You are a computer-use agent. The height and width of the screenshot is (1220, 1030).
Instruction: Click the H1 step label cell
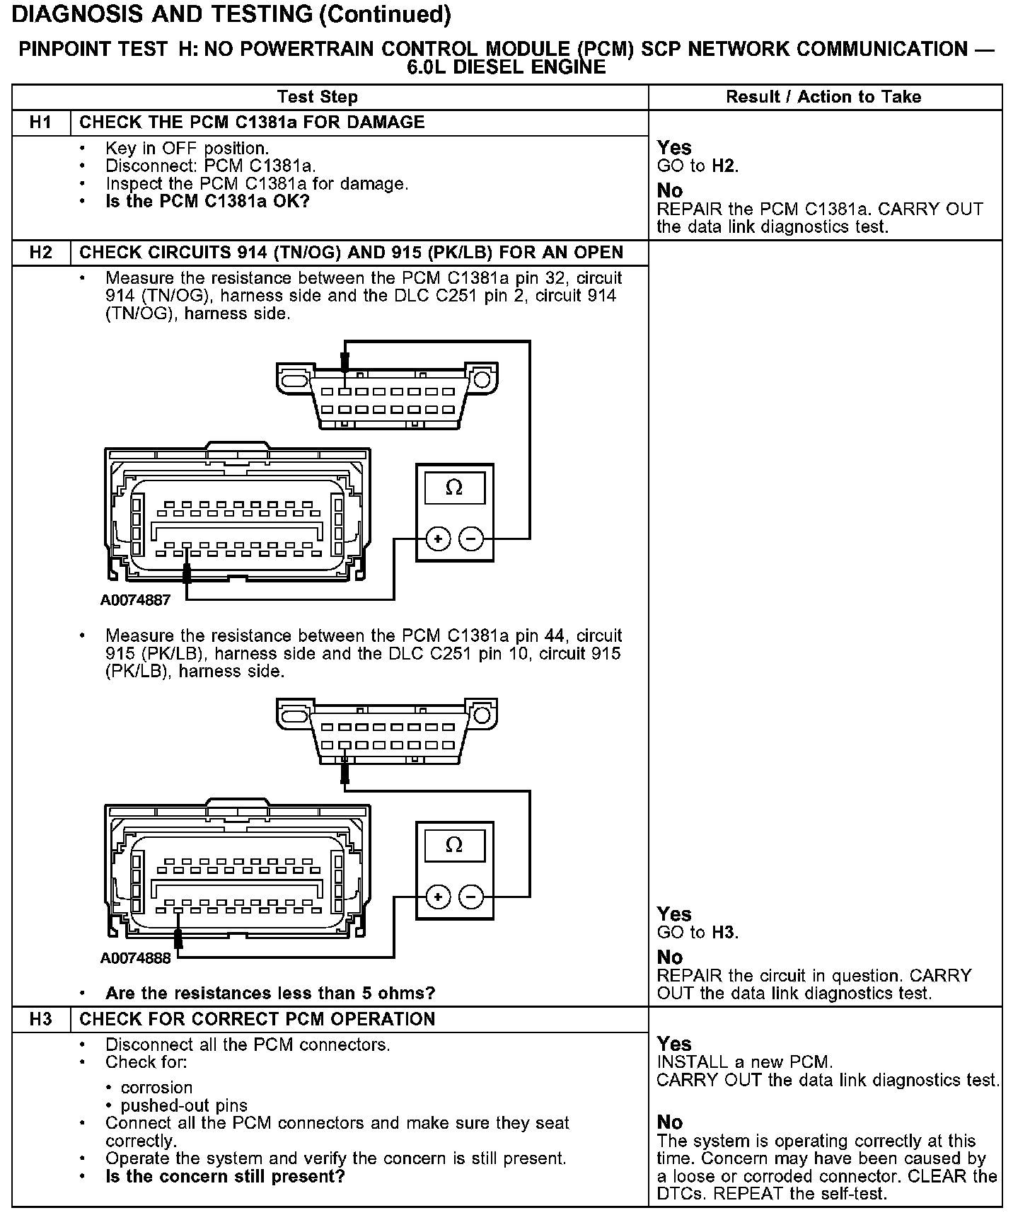point(41,122)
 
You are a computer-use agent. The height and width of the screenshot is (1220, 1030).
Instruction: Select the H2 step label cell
point(41,253)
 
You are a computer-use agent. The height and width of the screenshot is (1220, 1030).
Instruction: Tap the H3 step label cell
point(41,1019)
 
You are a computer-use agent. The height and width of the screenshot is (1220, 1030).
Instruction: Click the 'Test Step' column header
point(318,97)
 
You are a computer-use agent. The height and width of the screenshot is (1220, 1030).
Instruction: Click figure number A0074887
point(135,601)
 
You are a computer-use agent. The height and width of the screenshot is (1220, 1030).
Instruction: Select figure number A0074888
point(135,958)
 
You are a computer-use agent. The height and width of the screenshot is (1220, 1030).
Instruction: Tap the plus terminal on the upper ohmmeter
point(439,539)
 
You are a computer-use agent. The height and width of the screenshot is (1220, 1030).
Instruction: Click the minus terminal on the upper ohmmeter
point(471,539)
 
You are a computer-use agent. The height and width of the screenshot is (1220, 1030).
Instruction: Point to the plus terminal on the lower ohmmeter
point(439,897)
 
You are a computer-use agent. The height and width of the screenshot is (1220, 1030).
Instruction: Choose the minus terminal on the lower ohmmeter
point(471,897)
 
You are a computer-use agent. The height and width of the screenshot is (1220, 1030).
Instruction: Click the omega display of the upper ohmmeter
point(454,488)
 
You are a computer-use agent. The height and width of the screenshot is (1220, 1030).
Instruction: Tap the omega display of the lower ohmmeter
point(454,846)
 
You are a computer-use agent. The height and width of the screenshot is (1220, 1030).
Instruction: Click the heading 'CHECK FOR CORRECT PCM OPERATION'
point(257,1019)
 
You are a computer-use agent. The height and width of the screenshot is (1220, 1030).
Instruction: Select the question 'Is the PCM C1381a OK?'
point(207,202)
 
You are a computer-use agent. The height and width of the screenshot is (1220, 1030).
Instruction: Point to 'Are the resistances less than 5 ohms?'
point(270,993)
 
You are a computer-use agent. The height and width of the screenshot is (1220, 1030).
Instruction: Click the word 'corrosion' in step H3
point(156,1088)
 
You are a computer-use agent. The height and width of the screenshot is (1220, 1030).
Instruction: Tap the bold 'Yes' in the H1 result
point(674,148)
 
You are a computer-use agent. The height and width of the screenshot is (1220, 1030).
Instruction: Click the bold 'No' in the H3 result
point(670,1122)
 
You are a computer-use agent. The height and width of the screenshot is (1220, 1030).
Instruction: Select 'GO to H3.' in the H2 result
point(698,933)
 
